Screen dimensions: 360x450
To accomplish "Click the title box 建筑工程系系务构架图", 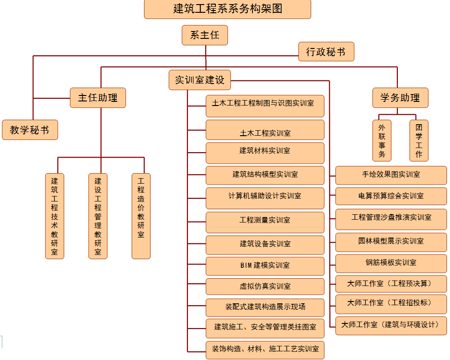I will click(x=227, y=9).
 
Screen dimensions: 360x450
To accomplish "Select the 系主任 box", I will click(x=204, y=35).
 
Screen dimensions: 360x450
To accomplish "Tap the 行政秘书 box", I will click(x=326, y=52).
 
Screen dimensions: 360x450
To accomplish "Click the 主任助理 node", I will click(x=98, y=98).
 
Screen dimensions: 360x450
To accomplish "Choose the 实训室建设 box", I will click(x=200, y=80).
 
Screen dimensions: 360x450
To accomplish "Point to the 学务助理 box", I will click(x=400, y=98).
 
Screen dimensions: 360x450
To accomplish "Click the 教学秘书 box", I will click(x=30, y=130).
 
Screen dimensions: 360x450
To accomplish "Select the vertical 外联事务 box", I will click(x=382, y=141).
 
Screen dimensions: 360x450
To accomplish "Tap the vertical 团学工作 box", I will click(x=419, y=141).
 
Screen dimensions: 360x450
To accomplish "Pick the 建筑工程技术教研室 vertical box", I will click(x=54, y=216).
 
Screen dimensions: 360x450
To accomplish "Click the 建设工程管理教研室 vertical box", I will click(x=98, y=216).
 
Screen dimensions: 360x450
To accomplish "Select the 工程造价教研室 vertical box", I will click(x=141, y=216).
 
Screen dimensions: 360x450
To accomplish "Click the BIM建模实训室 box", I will click(x=265, y=265).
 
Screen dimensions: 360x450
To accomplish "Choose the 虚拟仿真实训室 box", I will click(x=265, y=286).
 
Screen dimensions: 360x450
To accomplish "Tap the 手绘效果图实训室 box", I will click(x=391, y=175).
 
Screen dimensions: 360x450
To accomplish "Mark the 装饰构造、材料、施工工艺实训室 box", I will click(x=265, y=349).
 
